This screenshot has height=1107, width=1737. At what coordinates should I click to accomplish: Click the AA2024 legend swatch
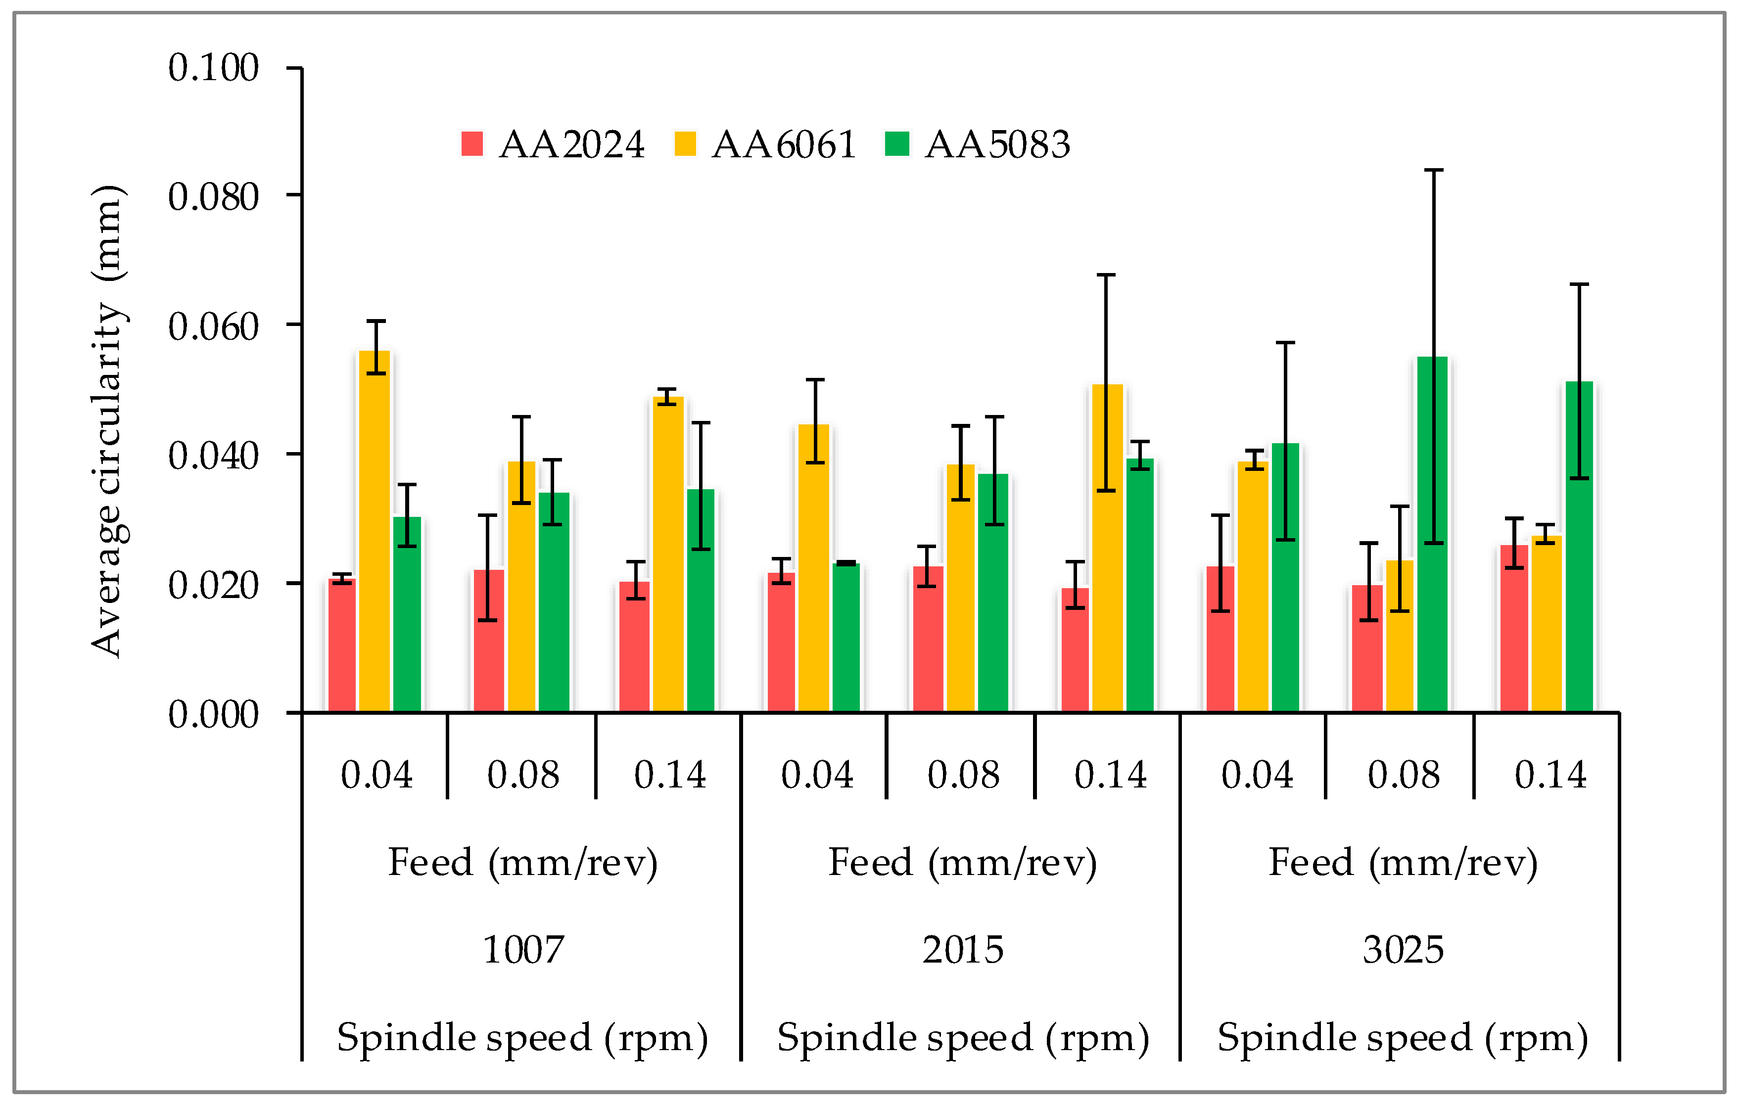[472, 143]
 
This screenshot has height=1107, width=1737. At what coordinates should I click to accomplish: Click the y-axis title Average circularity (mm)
[108, 422]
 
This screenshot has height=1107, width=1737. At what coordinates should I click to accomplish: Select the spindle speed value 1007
[522, 949]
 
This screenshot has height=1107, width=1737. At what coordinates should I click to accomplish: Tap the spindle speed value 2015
[963, 949]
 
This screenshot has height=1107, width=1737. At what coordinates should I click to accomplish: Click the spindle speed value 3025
[1403, 949]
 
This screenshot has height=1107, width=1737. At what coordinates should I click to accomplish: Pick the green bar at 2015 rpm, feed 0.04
[845, 638]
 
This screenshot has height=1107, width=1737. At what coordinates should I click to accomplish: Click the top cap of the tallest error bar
[1433, 170]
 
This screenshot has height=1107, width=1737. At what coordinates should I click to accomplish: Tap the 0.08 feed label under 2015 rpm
[963, 775]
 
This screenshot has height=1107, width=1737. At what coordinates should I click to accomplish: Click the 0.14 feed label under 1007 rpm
[669, 775]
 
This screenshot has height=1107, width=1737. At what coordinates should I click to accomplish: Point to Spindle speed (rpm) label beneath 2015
[963, 1037]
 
